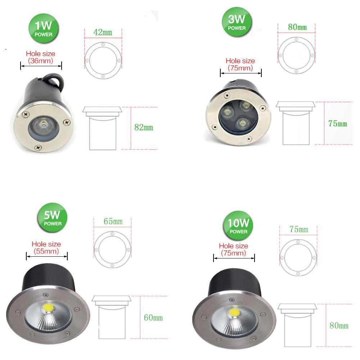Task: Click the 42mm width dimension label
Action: point(103,32)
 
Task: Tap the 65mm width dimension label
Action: point(113,221)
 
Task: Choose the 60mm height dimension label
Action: point(153,318)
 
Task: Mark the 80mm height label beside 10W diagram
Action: point(339,326)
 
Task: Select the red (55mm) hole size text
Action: point(46,251)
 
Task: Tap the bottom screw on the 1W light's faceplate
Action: point(37,147)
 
